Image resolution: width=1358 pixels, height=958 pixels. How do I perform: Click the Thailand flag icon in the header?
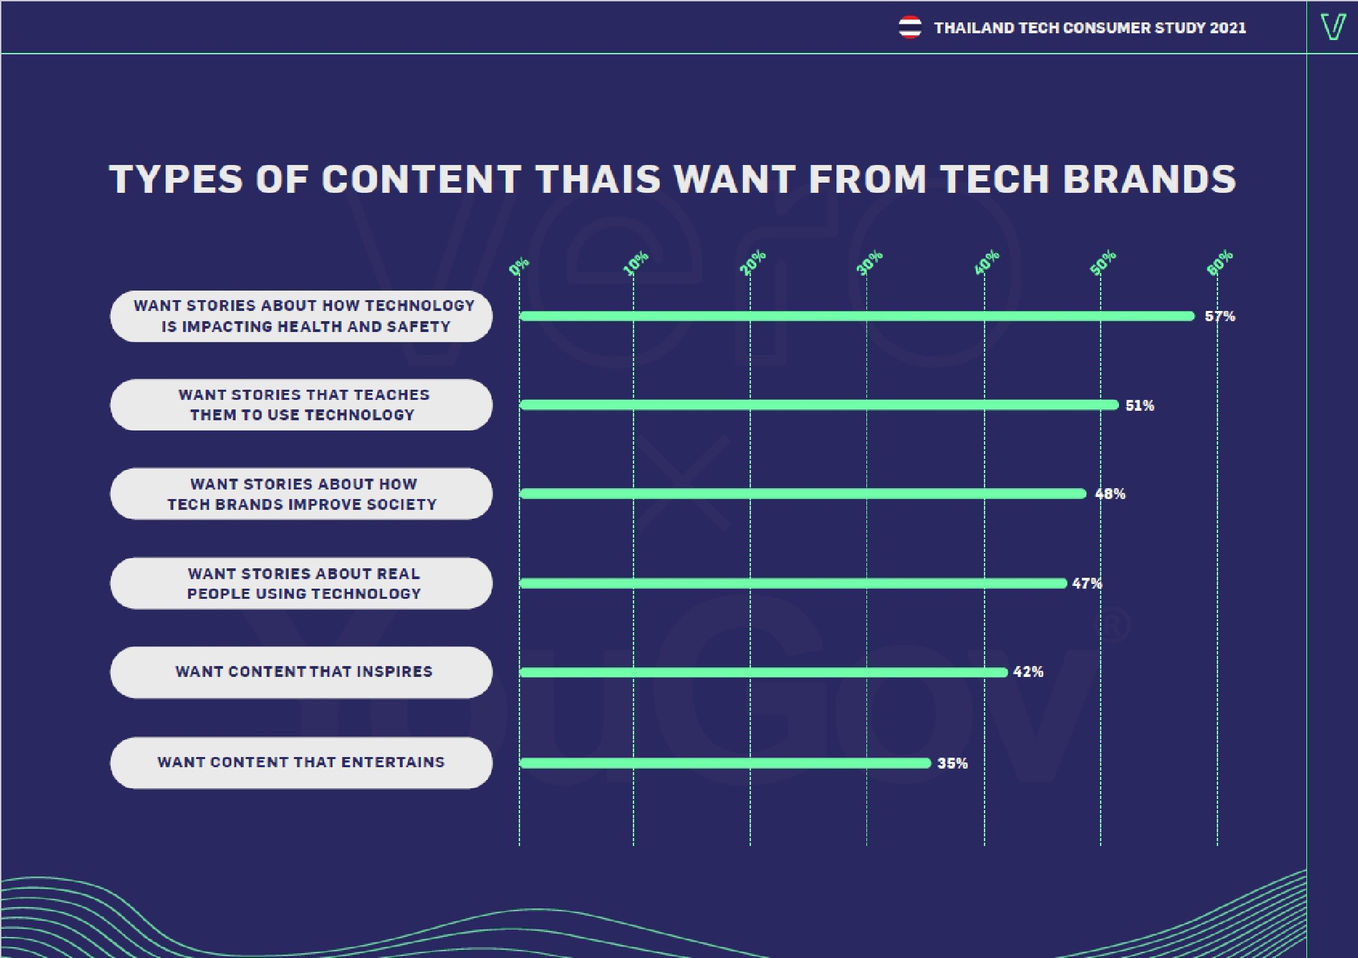(910, 27)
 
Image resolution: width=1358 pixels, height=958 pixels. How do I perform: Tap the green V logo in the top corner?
(1333, 27)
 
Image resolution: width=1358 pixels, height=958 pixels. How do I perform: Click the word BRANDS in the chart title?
(1149, 179)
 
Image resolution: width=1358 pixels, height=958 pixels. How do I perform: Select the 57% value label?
(1219, 316)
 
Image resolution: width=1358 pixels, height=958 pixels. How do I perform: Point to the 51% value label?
(1139, 405)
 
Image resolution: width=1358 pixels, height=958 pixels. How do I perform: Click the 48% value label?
(1110, 494)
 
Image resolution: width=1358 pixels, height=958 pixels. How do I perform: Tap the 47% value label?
(1086, 583)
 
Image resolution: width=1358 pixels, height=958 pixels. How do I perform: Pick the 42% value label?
(1028, 672)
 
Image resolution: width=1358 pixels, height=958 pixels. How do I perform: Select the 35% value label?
(952, 763)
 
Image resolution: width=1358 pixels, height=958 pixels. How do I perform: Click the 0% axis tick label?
(519, 266)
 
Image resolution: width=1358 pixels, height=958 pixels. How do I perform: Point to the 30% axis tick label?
(869, 263)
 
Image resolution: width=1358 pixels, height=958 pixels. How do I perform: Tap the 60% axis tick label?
(1219, 263)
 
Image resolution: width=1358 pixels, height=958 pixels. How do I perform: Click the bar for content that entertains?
(724, 763)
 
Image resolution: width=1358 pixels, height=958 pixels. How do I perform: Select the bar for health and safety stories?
(856, 316)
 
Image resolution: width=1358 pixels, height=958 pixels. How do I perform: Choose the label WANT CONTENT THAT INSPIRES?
(303, 672)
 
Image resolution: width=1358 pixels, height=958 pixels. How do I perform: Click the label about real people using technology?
(303, 583)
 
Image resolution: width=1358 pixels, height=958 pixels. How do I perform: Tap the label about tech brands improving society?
(303, 494)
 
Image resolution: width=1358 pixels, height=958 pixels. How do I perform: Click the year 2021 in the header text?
(1228, 28)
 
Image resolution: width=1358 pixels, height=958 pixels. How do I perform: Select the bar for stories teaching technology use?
(818, 405)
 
